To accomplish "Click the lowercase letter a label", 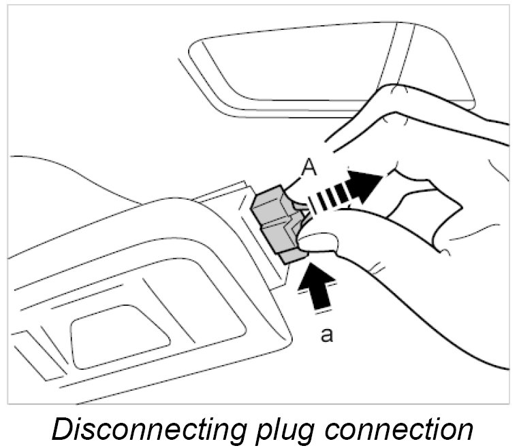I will click(x=327, y=335).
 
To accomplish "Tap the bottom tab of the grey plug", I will click(x=292, y=256).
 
